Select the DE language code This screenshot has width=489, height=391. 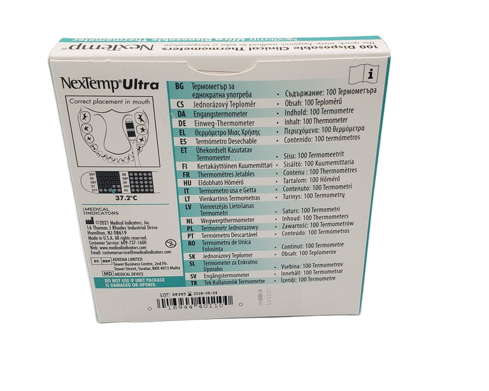point(181,123)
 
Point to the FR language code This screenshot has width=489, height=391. point(181,173)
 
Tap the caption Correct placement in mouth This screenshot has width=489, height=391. point(110,101)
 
